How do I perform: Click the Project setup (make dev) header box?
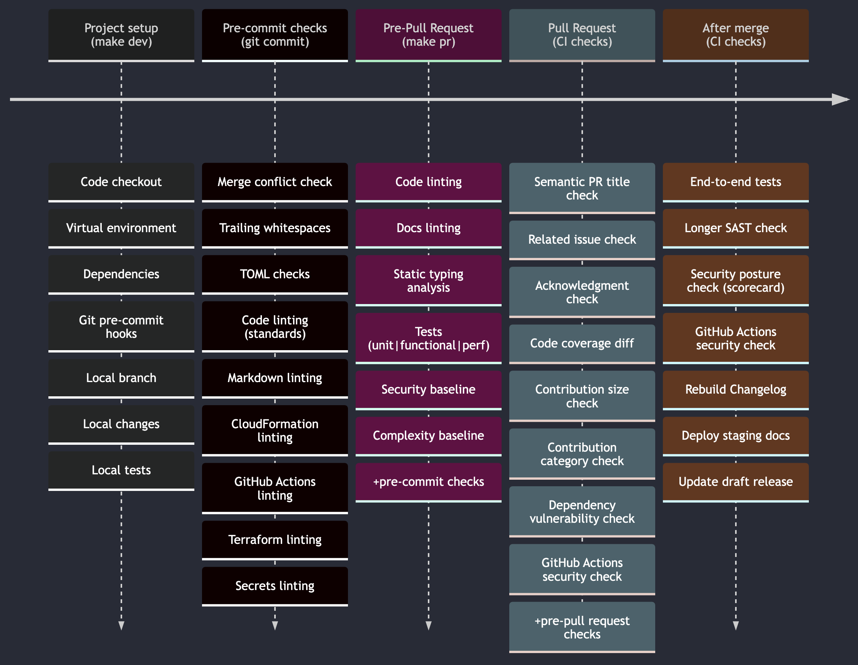pyautogui.click(x=121, y=35)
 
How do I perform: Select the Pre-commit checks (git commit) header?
pyautogui.click(x=275, y=35)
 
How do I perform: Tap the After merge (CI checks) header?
pyautogui.click(x=735, y=35)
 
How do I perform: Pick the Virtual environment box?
pyautogui.click(x=121, y=228)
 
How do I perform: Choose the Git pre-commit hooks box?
pyautogui.click(x=121, y=326)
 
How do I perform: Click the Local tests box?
pyautogui.click(x=121, y=470)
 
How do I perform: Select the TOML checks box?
pyautogui.click(x=275, y=274)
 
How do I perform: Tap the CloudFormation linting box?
pyautogui.click(x=275, y=430)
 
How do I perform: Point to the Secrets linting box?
pyautogui.click(x=275, y=585)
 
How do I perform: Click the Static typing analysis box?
pyautogui.click(x=428, y=280)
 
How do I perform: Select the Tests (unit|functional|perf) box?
pyautogui.click(x=428, y=338)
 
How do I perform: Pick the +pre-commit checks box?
pyautogui.click(x=428, y=481)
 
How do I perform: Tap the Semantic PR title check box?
pyautogui.click(x=582, y=188)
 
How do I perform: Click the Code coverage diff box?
pyautogui.click(x=582, y=343)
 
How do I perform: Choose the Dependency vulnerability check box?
pyautogui.click(x=582, y=511)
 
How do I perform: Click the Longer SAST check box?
pyautogui.click(x=735, y=228)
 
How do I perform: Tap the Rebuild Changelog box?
pyautogui.click(x=735, y=389)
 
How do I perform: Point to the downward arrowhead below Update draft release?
pyautogui.click(x=735, y=625)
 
